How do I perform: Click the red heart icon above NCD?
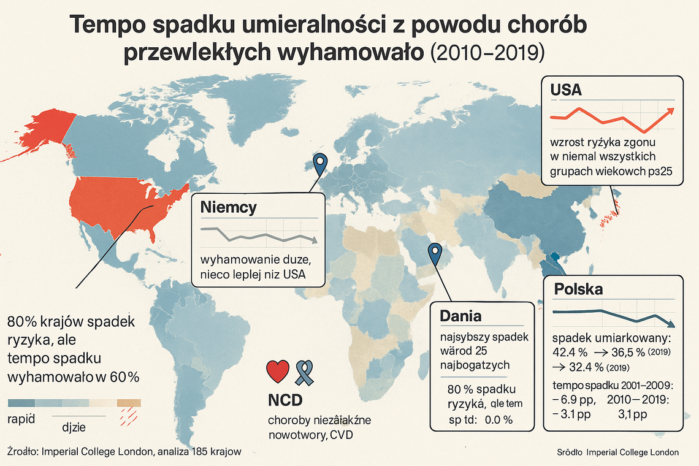[278, 372]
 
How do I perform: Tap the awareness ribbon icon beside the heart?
[305, 372]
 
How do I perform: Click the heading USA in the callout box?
[566, 90]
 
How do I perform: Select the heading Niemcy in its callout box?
[228, 207]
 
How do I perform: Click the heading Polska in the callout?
[578, 289]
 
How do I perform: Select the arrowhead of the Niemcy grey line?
[314, 240]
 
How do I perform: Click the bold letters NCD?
[285, 400]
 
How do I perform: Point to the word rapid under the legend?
[21, 419]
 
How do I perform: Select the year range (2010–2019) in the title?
[487, 52]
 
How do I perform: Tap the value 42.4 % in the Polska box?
[570, 353]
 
